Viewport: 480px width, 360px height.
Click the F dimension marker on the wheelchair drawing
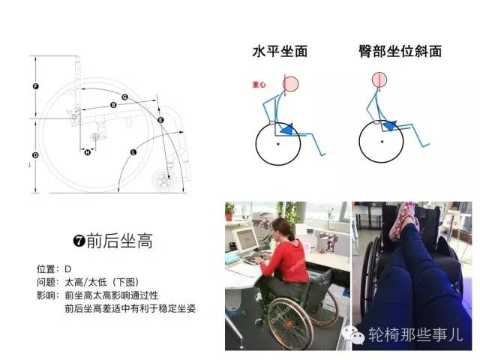pyautogui.click(x=35, y=87)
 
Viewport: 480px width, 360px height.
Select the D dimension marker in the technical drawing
pyautogui.click(x=35, y=155)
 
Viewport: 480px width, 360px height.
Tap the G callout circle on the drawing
pyautogui.click(x=124, y=97)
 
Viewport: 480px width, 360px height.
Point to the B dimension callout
pyautogui.click(x=113, y=105)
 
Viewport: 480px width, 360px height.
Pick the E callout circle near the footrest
pyautogui.click(x=160, y=119)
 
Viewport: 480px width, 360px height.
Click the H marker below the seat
pyautogui.click(x=87, y=152)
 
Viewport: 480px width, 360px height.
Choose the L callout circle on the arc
pyautogui.click(x=133, y=152)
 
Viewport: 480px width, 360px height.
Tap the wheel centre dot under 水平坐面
pyautogui.click(x=278, y=142)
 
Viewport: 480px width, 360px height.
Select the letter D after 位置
pyautogui.click(x=68, y=268)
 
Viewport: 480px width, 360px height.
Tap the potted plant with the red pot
pyautogui.click(x=229, y=212)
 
